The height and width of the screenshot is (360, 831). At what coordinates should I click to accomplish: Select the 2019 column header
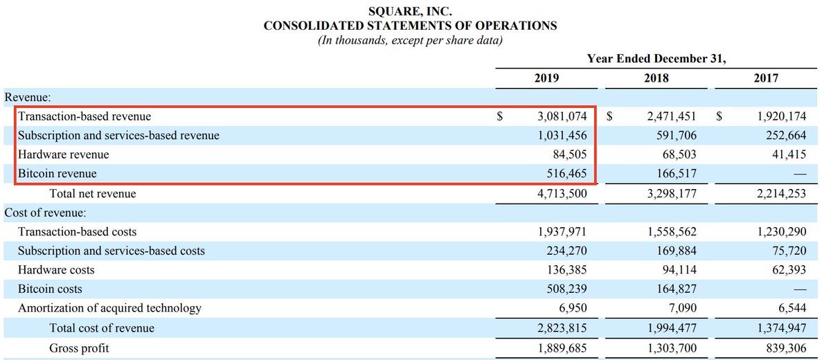point(547,78)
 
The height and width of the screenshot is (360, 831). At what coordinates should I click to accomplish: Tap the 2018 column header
point(656,78)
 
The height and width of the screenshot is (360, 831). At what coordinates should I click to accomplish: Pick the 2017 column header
point(765,78)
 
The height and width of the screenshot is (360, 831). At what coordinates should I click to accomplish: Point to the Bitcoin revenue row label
point(57,174)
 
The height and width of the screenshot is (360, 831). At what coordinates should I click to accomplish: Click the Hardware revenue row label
point(63,154)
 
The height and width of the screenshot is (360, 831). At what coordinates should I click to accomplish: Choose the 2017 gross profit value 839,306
point(782,348)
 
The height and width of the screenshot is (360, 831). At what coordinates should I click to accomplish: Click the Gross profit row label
point(79,348)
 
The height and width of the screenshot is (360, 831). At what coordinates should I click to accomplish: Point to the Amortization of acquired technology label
point(109,308)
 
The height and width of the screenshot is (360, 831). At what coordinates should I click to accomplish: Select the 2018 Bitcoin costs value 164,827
point(674,289)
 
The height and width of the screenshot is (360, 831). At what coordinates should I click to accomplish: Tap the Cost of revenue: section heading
point(45,213)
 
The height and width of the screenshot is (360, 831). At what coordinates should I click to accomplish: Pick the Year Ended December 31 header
point(656,58)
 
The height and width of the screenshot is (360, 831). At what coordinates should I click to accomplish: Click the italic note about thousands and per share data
point(410,40)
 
